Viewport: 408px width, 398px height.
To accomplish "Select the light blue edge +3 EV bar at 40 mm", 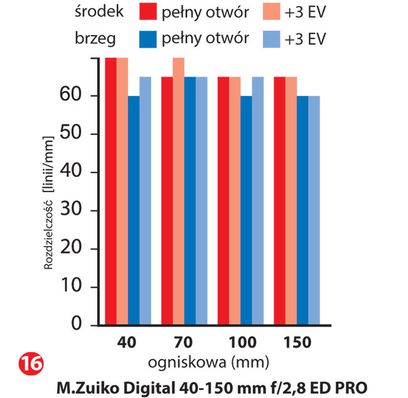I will (145, 201).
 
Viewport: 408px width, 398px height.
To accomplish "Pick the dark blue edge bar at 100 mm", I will (246, 210).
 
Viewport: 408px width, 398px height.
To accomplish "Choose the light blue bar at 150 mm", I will (314, 210).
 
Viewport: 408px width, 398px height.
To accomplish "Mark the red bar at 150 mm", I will (280, 201).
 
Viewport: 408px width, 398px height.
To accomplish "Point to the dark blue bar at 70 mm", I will (190, 201).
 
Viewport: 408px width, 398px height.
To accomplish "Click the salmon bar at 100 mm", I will (235, 201).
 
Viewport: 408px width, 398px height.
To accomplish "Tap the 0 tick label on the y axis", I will (77, 325).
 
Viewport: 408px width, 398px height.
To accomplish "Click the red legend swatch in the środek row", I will (148, 12).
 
